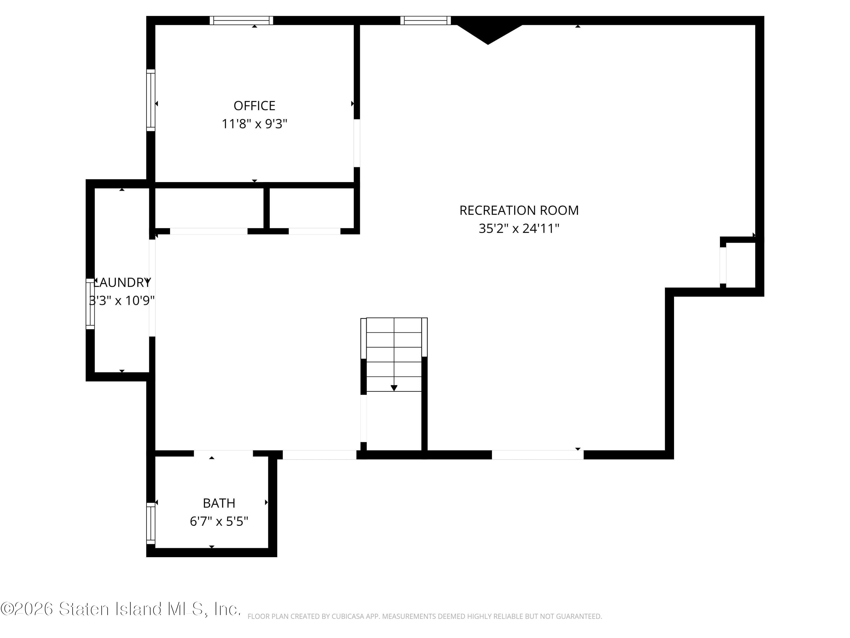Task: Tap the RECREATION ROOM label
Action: (x=519, y=210)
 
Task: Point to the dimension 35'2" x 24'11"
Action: (x=519, y=229)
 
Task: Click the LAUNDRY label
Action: (x=122, y=283)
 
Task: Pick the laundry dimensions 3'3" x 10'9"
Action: (x=122, y=300)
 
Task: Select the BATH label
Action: (x=219, y=503)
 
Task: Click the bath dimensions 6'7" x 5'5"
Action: (x=219, y=521)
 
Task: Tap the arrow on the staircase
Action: (x=394, y=388)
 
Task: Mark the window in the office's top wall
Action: (x=241, y=20)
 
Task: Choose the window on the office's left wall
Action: (x=151, y=100)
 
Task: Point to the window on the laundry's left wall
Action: (x=90, y=304)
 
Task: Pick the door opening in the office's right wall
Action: (x=357, y=143)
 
